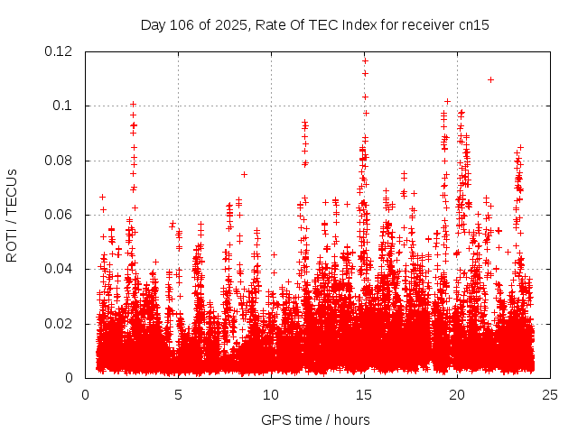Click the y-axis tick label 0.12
60,51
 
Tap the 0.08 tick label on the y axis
60,161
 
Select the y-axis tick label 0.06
60,215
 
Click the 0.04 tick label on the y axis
60,269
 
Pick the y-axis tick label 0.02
60,323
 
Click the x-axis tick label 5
178,394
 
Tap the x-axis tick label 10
271,394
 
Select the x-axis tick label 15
364,394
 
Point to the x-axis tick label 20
457,394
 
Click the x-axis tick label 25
550,394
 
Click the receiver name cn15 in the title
474,24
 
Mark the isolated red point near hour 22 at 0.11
490,79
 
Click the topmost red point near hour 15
365,60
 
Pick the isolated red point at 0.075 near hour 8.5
244,174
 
